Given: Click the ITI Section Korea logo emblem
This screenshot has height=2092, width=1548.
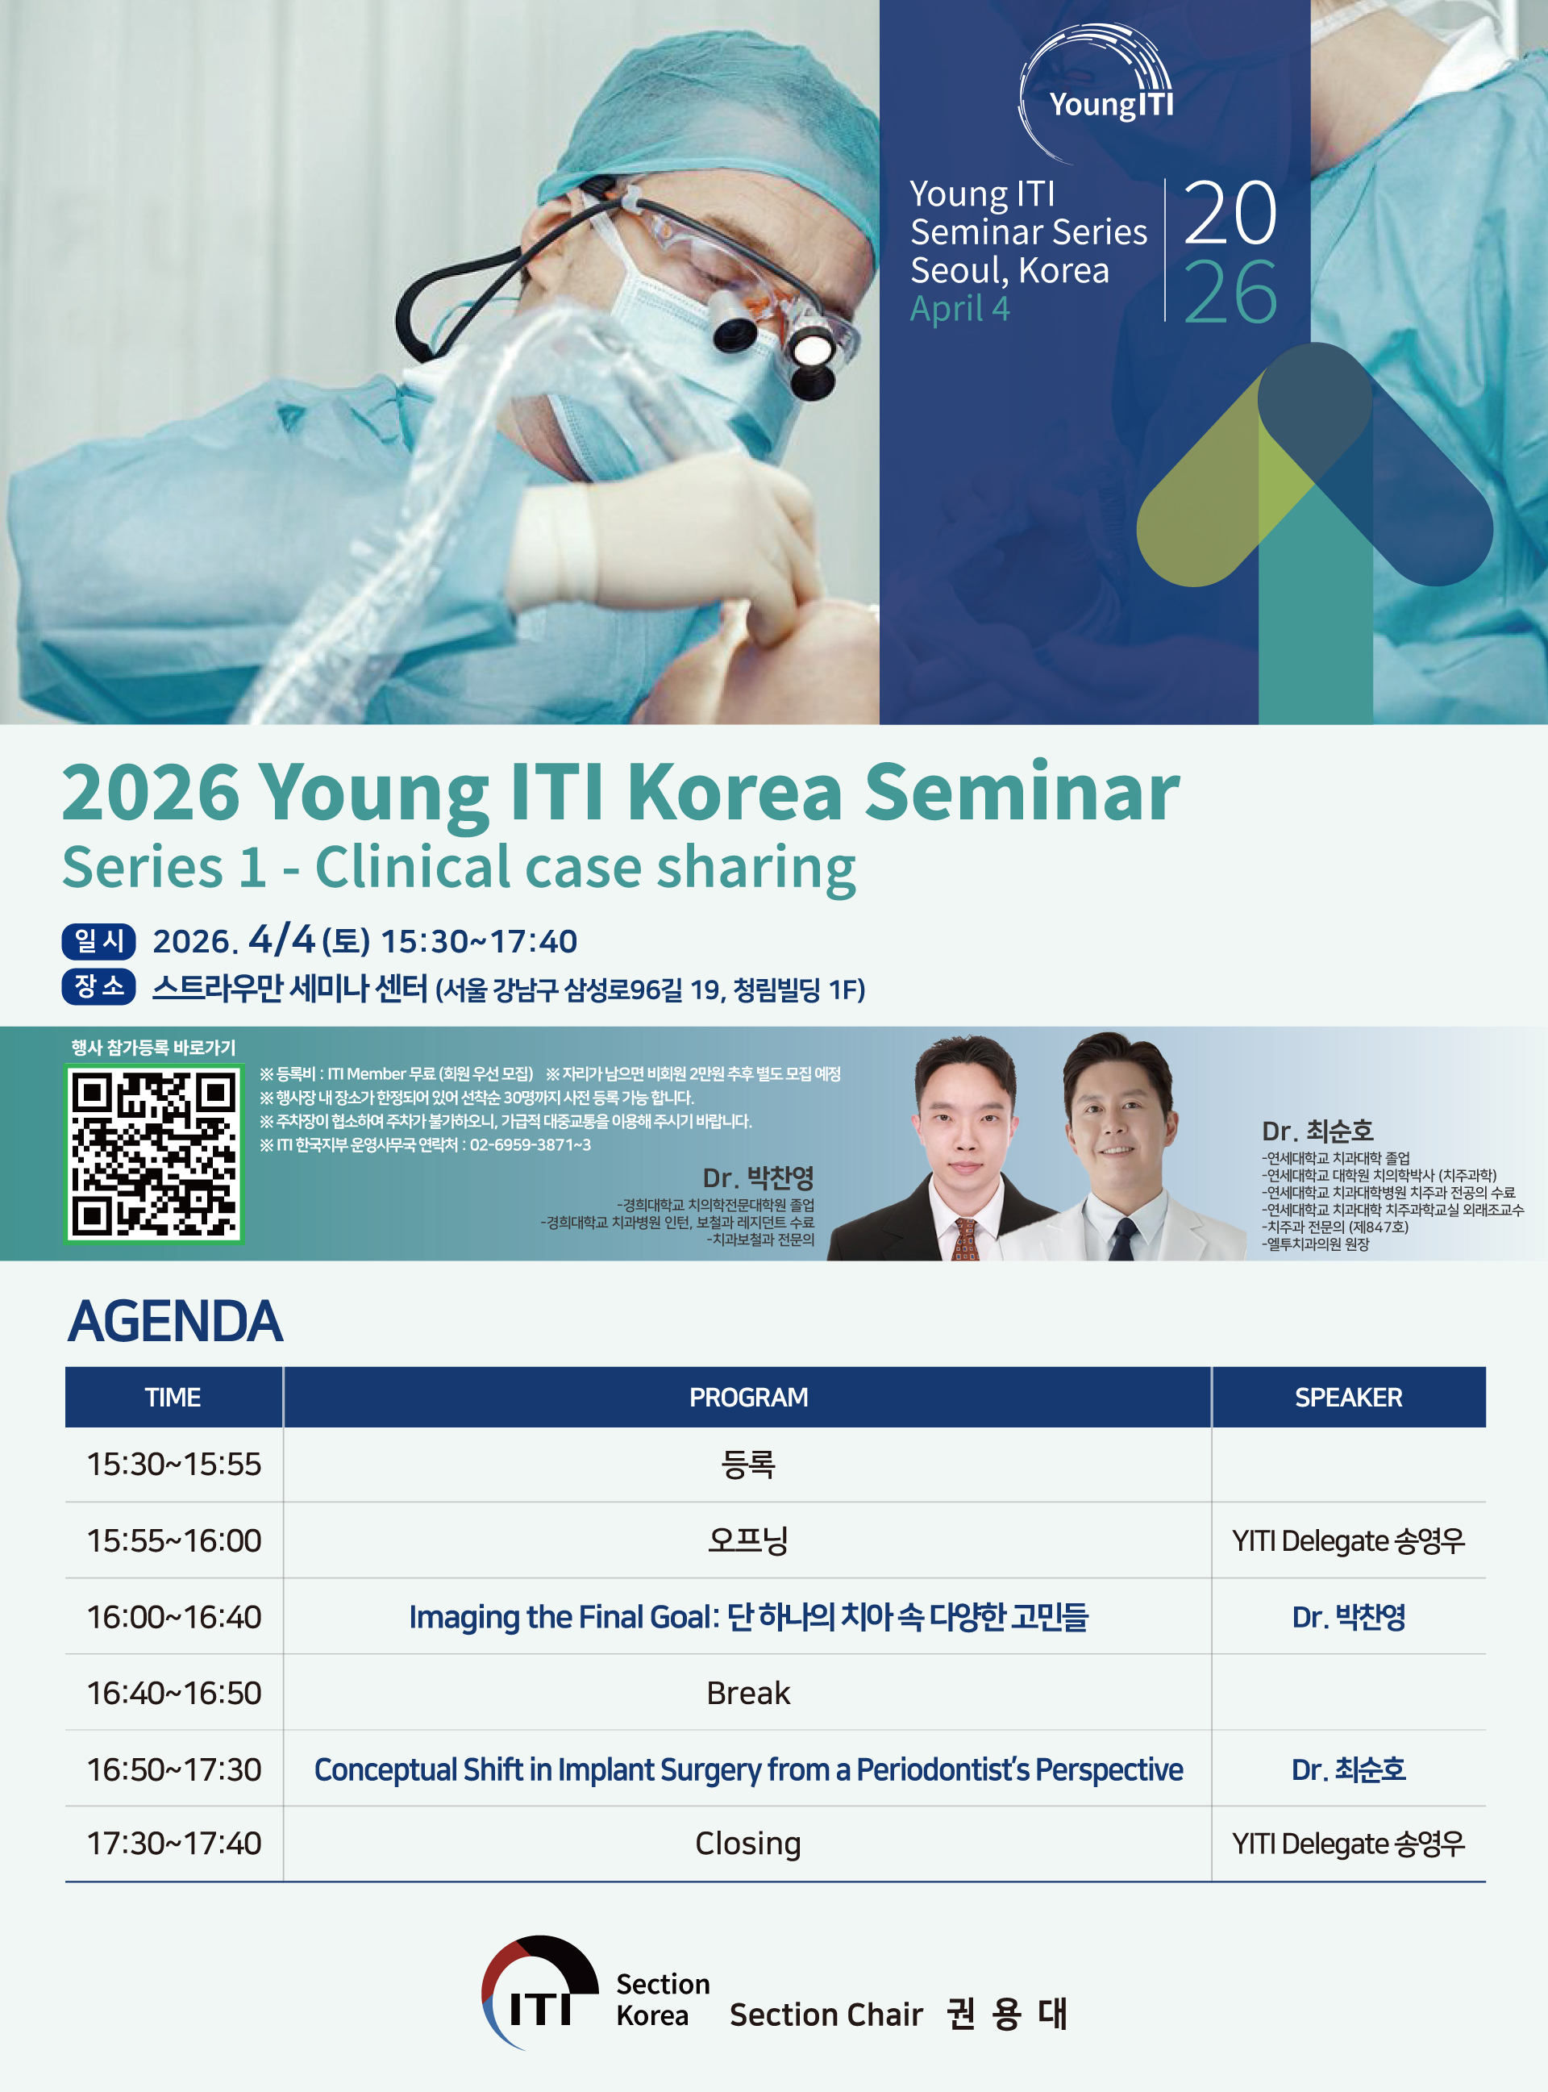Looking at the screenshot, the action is pyautogui.click(x=539, y=1992).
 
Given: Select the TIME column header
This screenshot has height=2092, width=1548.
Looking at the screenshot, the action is pyautogui.click(x=173, y=1398).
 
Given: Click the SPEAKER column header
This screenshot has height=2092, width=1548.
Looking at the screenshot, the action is pyautogui.click(x=1348, y=1398).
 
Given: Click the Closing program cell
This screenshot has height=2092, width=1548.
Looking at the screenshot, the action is pyautogui.click(x=747, y=1844).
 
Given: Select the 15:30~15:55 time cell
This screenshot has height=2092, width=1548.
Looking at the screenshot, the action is pyautogui.click(x=174, y=1464).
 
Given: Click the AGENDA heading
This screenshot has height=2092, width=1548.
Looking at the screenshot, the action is pyautogui.click(x=175, y=1322).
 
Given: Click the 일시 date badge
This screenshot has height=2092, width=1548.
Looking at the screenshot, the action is pyautogui.click(x=98, y=941).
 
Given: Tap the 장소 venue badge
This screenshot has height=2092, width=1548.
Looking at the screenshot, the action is pyautogui.click(x=98, y=987).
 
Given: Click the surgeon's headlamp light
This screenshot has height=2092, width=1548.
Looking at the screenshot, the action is pyautogui.click(x=811, y=351).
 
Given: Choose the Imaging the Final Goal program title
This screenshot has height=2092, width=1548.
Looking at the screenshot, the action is pyautogui.click(x=747, y=1618).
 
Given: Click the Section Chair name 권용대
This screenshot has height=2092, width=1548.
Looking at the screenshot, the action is pyautogui.click(x=1006, y=2013).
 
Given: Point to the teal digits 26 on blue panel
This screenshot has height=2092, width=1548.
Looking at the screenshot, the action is pyautogui.click(x=1230, y=293).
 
